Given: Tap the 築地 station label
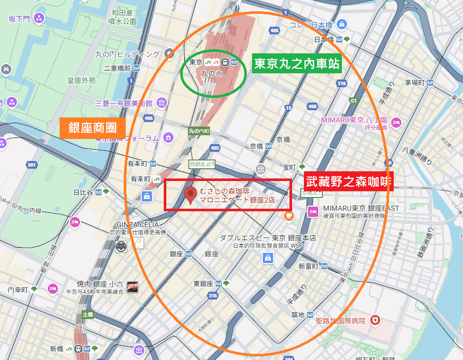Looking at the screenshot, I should click(x=298, y=314).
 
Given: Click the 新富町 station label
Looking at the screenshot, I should click(x=308, y=266).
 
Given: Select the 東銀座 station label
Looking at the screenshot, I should click(x=203, y=284).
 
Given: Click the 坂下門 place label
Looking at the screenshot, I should click(x=20, y=19).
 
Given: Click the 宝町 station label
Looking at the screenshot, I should click(x=290, y=167).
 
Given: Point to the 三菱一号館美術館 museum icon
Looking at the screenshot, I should click(x=162, y=103).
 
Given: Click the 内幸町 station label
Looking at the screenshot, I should click(x=17, y=290).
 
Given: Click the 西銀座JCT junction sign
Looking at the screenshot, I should click(x=202, y=165).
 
